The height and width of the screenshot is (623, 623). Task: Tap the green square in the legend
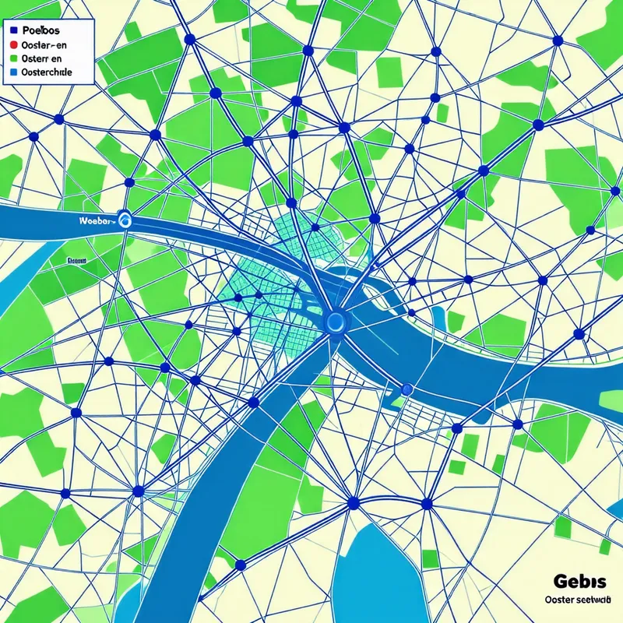click(15, 59)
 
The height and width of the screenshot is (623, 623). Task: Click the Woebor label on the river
click(97, 221)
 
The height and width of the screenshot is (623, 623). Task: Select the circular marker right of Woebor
click(125, 221)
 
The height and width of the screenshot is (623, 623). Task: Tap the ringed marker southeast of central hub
click(405, 388)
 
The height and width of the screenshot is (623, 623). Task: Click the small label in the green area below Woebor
click(76, 262)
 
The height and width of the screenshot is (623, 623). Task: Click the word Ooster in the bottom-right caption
click(558, 600)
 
